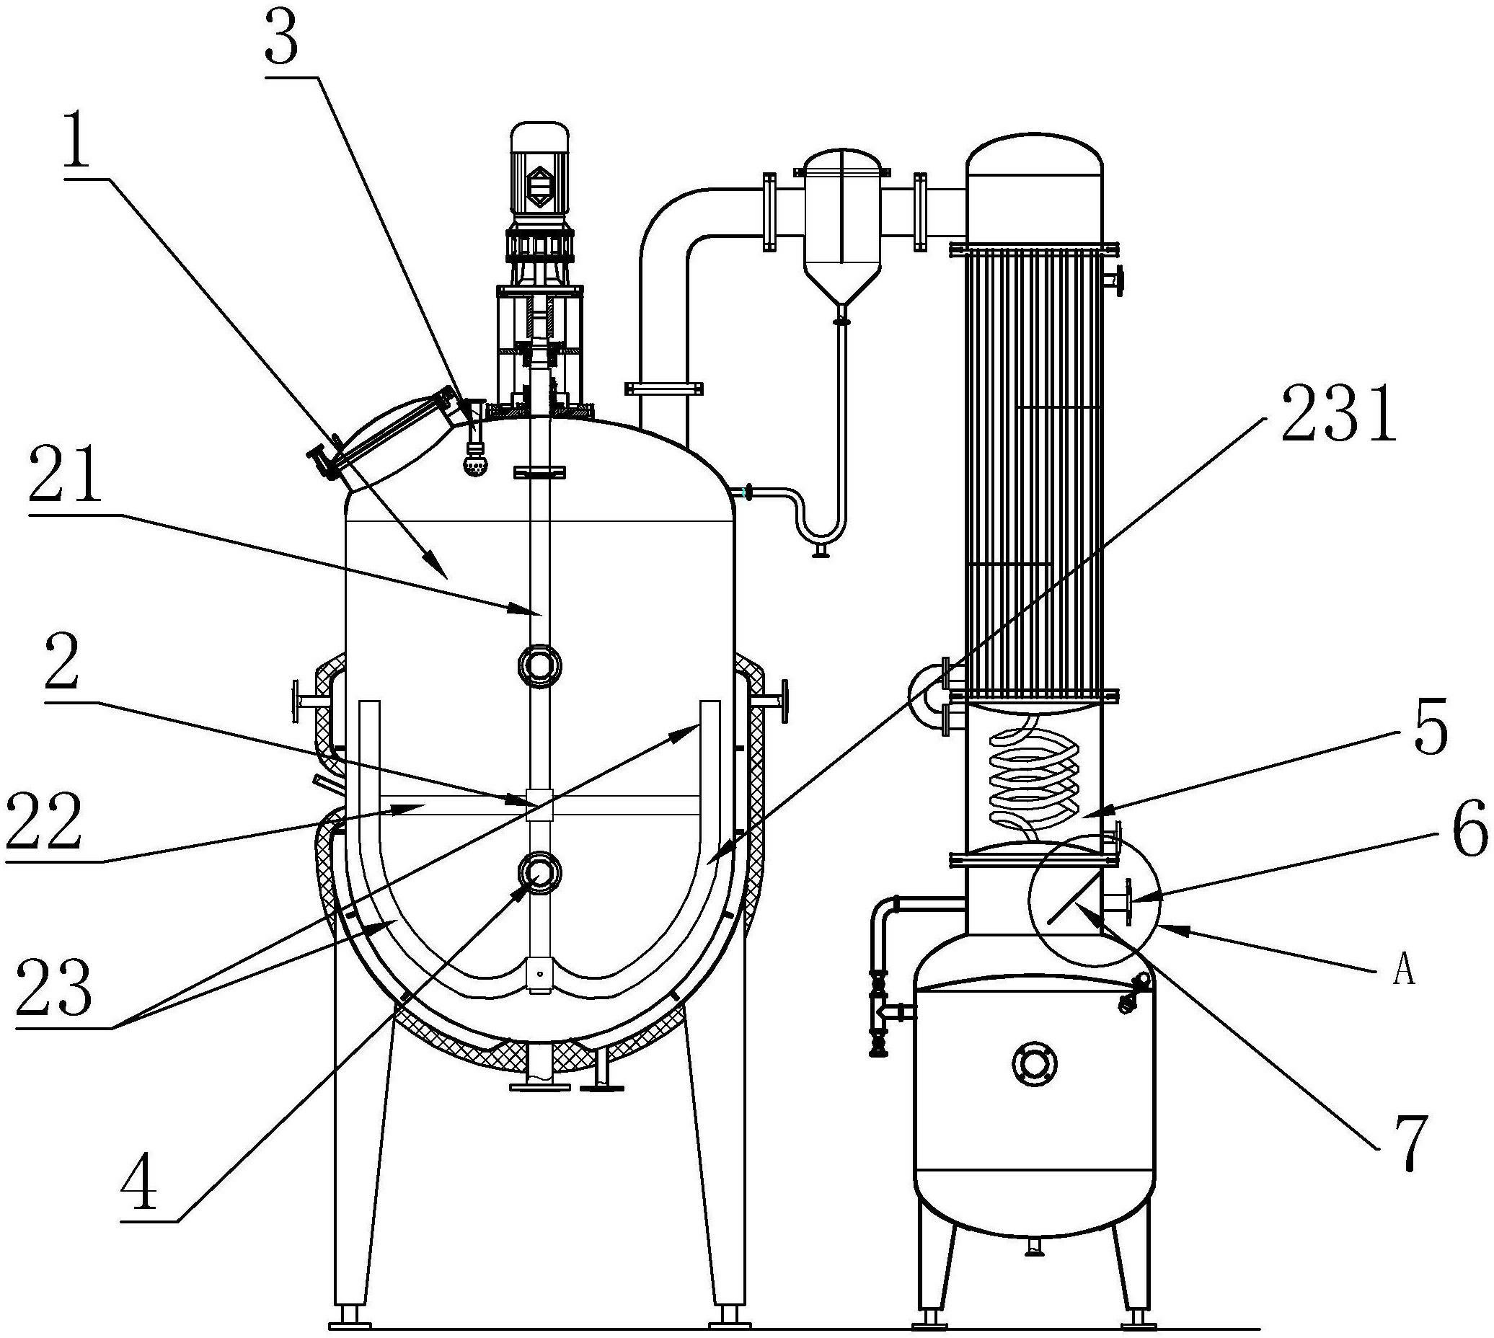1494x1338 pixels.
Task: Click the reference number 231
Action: pos(1338,416)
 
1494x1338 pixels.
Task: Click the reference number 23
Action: pos(54,988)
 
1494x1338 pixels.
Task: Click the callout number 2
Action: pos(62,663)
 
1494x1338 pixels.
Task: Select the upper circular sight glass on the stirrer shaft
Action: pos(539,665)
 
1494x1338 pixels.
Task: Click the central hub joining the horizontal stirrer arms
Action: pos(539,805)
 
